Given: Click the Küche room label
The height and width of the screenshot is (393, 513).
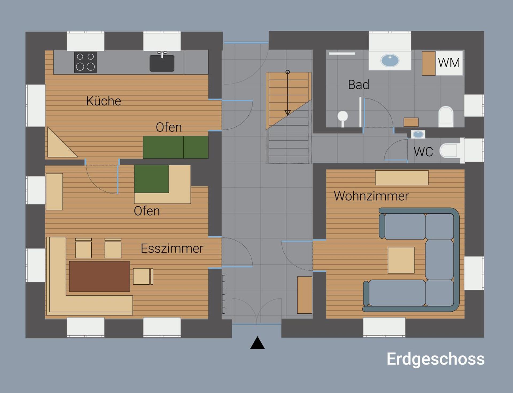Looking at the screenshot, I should coord(103,101).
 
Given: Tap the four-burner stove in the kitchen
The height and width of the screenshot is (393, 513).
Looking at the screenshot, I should coord(85,62).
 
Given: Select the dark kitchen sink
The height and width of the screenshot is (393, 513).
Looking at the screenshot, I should coord(162,63).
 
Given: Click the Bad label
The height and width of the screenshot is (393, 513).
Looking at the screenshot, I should coord(358,85).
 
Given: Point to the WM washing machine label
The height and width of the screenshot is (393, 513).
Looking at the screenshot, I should coord(449,63).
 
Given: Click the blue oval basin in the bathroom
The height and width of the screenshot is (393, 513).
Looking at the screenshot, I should coord(390,60).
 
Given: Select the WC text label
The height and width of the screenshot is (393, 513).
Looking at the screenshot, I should coord(423,152).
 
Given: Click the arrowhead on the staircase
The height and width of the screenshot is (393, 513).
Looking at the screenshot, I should coord(287,113).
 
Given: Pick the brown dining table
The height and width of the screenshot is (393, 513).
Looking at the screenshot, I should coord(99,276).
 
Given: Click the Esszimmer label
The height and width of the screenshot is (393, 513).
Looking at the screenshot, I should coord(172,249).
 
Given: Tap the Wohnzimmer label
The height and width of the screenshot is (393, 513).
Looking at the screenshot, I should coord(371,196).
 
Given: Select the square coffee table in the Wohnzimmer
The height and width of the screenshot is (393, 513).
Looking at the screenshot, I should coord(401,260).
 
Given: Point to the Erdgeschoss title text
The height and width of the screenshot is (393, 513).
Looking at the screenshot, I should coord(435,359).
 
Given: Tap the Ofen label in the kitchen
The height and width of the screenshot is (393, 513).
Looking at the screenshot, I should coord(169,127).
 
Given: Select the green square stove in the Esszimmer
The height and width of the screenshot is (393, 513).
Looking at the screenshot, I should coord(151,179).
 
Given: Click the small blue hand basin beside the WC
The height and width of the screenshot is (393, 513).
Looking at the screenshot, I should coord(418,134).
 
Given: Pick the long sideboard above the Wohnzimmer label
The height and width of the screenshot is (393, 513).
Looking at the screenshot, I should coord(402,178).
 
